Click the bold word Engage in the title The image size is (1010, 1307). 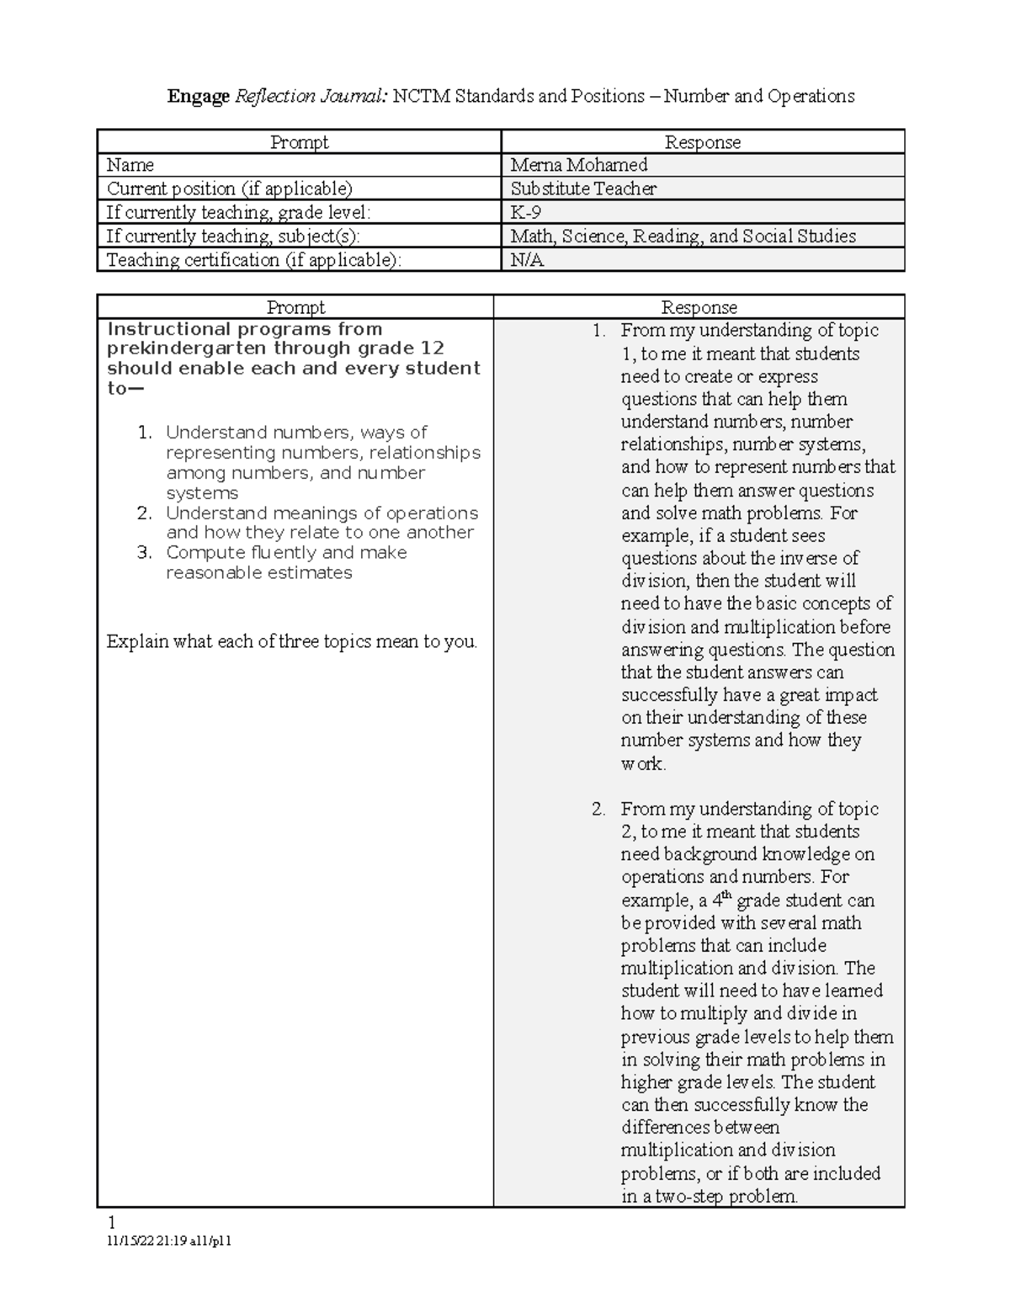(x=198, y=97)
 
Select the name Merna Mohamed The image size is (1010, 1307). (x=578, y=165)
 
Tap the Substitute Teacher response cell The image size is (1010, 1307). (x=583, y=189)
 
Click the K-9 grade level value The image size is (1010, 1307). (x=526, y=212)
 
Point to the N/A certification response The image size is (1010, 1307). (x=527, y=260)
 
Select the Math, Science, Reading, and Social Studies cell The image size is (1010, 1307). (x=683, y=236)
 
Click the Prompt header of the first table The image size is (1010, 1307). (x=299, y=142)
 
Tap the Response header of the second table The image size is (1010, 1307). (x=699, y=308)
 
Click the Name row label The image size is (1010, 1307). (x=130, y=165)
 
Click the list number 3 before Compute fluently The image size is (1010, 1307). (x=145, y=553)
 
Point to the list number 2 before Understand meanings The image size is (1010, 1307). (x=145, y=513)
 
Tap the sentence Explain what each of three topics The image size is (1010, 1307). (x=291, y=642)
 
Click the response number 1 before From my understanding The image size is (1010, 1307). (x=598, y=331)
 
